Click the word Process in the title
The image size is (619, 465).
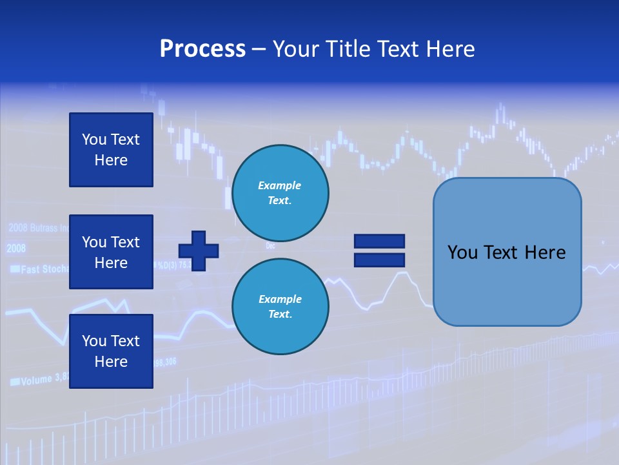pos(202,49)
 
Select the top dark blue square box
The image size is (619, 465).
pos(111,150)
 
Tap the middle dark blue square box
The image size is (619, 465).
pos(111,252)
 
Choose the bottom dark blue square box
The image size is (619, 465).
pos(111,351)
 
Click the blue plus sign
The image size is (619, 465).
pos(199,251)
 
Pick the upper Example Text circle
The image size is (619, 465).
pos(280,193)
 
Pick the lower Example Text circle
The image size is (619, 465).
pos(280,307)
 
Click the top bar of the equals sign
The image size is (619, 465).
pos(379,242)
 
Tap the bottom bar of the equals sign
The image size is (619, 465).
pos(379,260)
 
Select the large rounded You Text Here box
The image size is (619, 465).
pos(507,252)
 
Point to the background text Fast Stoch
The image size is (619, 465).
pos(43,269)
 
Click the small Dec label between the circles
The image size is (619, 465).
pos(270,246)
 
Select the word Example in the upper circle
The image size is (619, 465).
pos(279,186)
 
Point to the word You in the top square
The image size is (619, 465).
pos(93,139)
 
